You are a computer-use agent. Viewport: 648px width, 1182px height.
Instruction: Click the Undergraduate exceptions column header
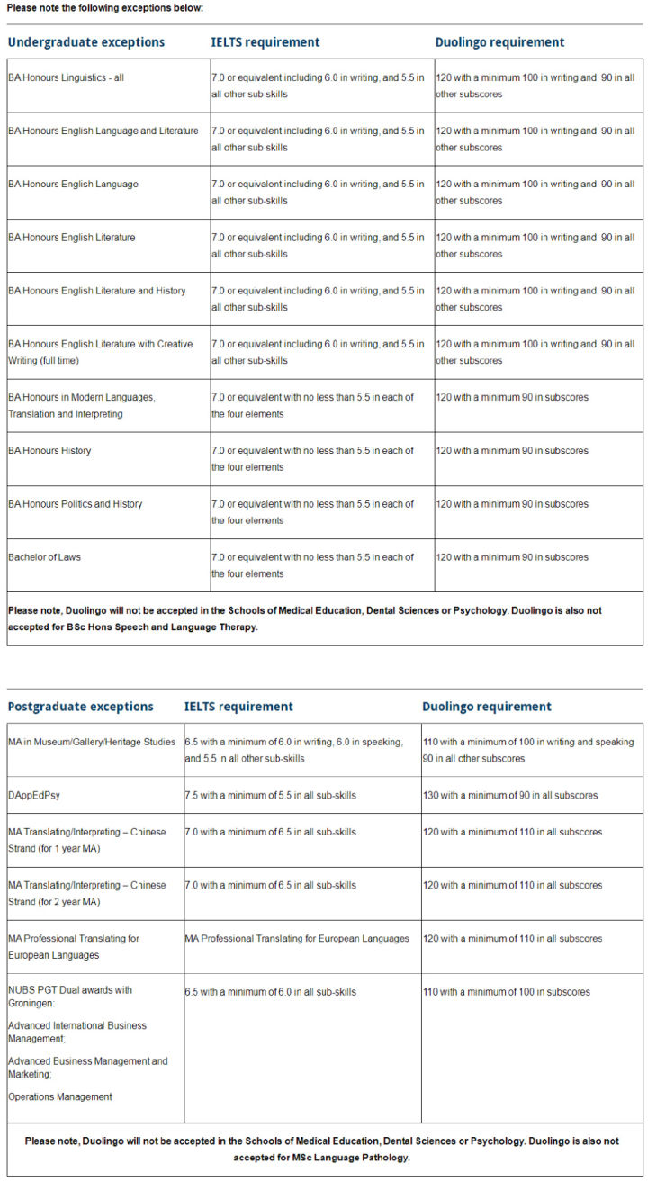pyautogui.click(x=86, y=42)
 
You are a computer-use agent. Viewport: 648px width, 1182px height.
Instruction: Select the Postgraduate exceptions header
pyautogui.click(x=81, y=707)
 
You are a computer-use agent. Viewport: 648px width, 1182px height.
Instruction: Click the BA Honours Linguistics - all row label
pyautogui.click(x=67, y=78)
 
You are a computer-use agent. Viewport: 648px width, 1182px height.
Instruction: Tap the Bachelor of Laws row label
pyautogui.click(x=45, y=557)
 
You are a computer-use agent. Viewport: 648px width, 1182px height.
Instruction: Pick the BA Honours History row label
pyautogui.click(x=50, y=451)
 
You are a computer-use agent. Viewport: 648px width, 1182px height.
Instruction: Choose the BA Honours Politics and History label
pyautogui.click(x=76, y=504)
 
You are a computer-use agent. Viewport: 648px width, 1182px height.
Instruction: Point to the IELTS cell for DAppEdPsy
pyautogui.click(x=271, y=796)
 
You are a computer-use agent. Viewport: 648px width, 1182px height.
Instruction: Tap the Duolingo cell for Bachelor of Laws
pyautogui.click(x=512, y=557)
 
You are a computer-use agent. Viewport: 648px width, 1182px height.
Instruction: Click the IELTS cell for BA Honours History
pyautogui.click(x=313, y=458)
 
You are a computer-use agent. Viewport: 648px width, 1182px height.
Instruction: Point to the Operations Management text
pyautogui.click(x=60, y=1097)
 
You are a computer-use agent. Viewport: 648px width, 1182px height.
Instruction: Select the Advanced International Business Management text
pyautogui.click(x=77, y=1032)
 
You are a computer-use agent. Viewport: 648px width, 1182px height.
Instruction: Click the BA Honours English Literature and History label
pyautogui.click(x=97, y=292)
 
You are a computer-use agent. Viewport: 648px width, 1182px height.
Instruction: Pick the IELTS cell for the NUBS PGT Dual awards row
pyautogui.click(x=271, y=992)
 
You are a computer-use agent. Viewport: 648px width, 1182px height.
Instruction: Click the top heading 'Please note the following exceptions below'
pyautogui.click(x=105, y=7)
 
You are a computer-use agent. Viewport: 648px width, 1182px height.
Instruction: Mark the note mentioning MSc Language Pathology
pyautogui.click(x=322, y=1149)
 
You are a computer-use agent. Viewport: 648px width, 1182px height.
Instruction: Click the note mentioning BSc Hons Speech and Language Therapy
pyautogui.click(x=305, y=618)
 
